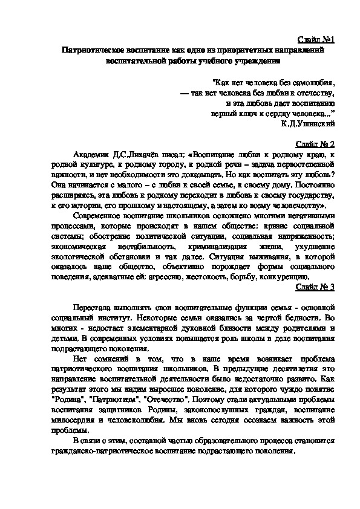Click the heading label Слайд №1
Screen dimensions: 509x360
[x=318, y=40]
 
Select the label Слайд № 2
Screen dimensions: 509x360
[x=317, y=145]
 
